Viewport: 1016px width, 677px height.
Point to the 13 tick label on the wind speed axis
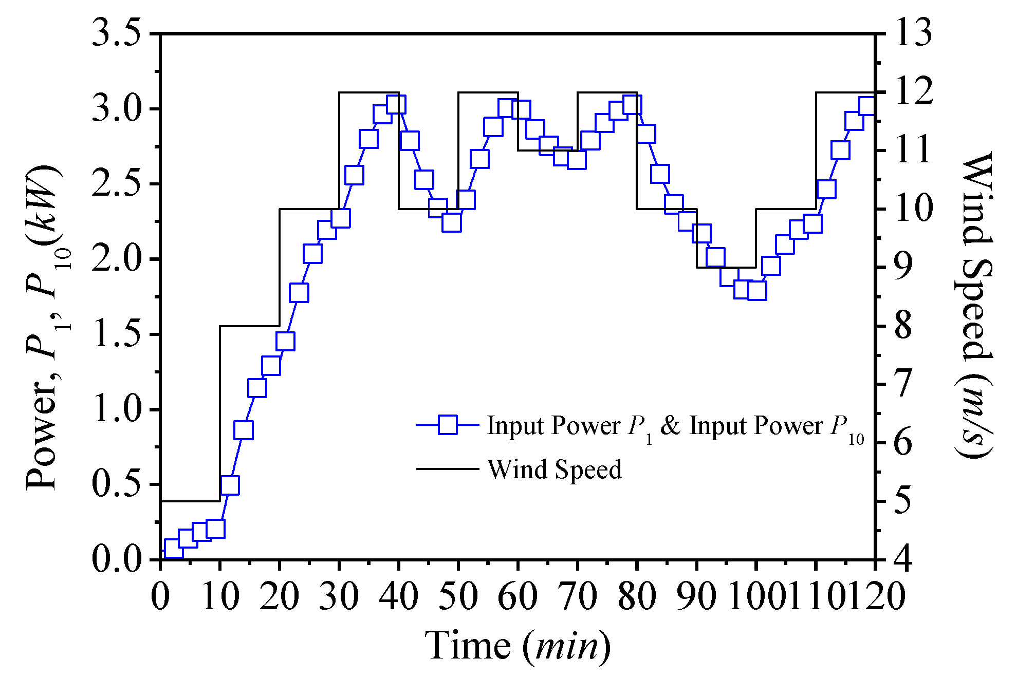pyautogui.click(x=913, y=34)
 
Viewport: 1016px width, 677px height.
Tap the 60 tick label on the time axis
pyautogui.click(x=518, y=597)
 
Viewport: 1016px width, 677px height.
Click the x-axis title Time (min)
pyautogui.click(x=518, y=646)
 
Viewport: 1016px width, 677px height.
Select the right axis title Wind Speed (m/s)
pyautogui.click(x=974, y=303)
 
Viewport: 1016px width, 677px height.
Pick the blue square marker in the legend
pyautogui.click(x=448, y=425)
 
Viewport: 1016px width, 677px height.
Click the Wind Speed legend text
pyautogui.click(x=555, y=469)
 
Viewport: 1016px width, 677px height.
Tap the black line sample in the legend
pyautogui.click(x=447, y=469)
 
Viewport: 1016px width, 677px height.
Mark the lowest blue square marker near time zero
pyautogui.click(x=174, y=549)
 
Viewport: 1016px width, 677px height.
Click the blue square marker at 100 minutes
pyautogui.click(x=757, y=291)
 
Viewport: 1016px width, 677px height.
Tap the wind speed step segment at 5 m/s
pyautogui.click(x=190, y=501)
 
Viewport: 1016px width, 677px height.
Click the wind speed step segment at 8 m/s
pyautogui.click(x=250, y=326)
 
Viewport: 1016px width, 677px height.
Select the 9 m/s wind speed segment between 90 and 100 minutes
pyautogui.click(x=726, y=267)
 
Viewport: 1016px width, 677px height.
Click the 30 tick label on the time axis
pyautogui.click(x=339, y=597)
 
